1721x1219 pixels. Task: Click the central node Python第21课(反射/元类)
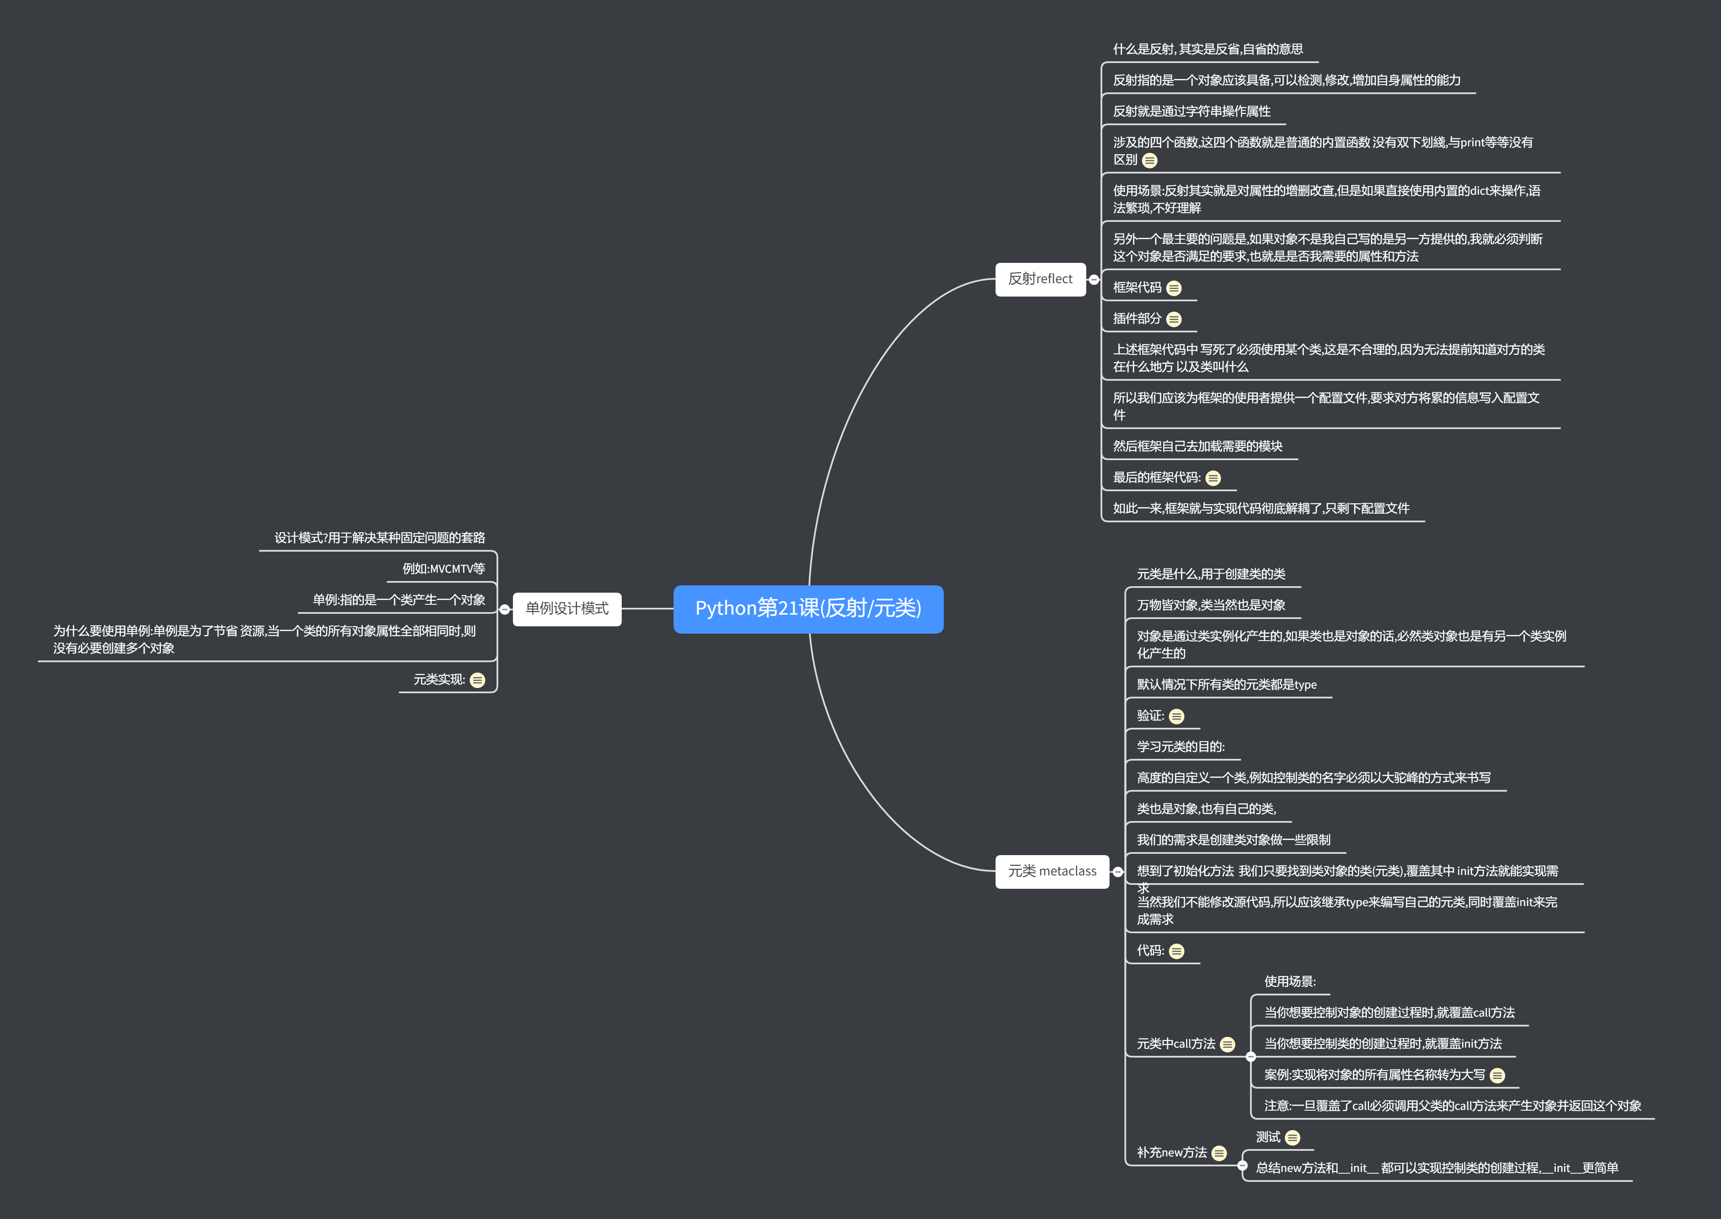(x=808, y=609)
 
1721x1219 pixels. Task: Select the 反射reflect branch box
(x=1040, y=279)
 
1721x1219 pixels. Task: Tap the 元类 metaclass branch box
(x=1052, y=872)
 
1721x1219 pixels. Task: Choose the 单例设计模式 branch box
(x=567, y=609)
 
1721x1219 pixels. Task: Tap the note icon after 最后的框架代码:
(x=1213, y=478)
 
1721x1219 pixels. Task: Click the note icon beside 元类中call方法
(x=1227, y=1045)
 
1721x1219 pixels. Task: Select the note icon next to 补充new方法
(x=1219, y=1154)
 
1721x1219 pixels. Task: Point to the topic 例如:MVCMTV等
(x=444, y=569)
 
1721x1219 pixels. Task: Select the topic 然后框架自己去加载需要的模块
(x=1198, y=447)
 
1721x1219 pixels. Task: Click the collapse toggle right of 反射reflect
(x=1094, y=280)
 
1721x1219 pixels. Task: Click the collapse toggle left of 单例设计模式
(x=505, y=609)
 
